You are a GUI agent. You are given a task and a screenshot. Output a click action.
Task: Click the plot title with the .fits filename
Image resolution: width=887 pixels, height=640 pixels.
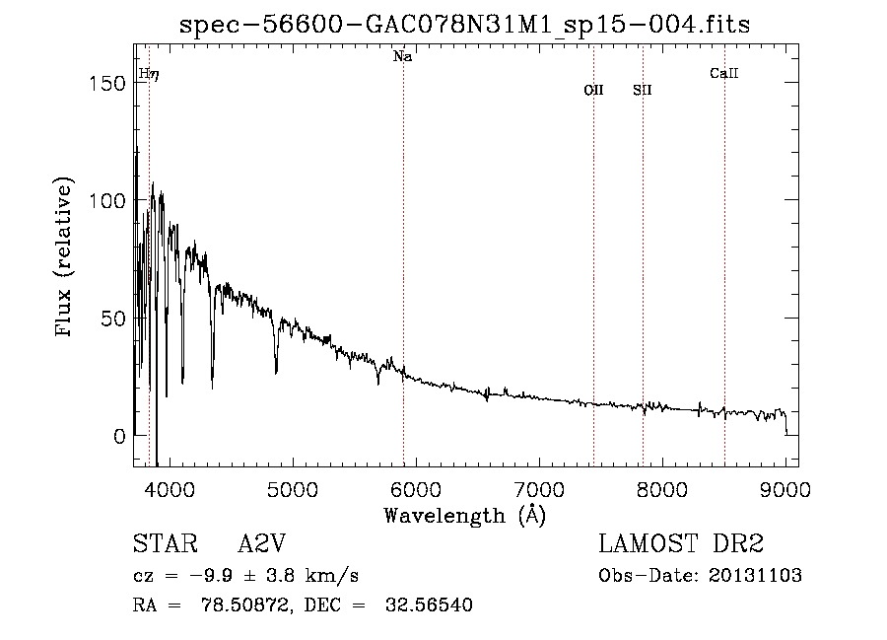pyautogui.click(x=465, y=26)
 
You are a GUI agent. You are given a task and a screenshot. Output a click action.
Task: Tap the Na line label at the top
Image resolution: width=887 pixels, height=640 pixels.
pyautogui.click(x=402, y=57)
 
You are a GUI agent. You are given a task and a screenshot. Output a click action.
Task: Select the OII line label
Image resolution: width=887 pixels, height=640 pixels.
pyautogui.click(x=593, y=90)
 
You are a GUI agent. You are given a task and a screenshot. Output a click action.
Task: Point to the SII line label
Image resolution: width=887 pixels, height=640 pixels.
pyautogui.click(x=643, y=90)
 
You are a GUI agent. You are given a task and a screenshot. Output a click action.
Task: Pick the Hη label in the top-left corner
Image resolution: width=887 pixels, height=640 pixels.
pyautogui.click(x=148, y=74)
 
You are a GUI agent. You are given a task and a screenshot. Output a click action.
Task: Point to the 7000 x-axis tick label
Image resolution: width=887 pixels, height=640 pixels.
pyautogui.click(x=538, y=488)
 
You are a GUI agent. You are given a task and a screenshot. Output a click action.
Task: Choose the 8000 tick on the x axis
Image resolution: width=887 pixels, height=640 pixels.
pyautogui.click(x=661, y=488)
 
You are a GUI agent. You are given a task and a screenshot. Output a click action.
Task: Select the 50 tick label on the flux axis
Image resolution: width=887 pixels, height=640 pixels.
pyautogui.click(x=113, y=318)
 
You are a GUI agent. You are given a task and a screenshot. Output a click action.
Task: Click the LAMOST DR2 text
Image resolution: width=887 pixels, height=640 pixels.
pyautogui.click(x=681, y=544)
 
